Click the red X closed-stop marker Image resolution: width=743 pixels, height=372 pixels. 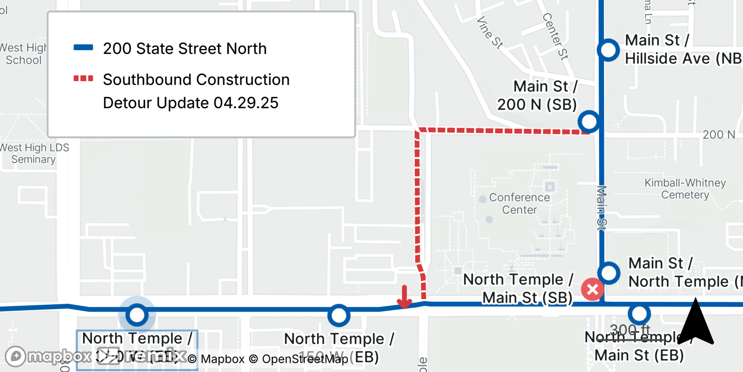tap(592, 289)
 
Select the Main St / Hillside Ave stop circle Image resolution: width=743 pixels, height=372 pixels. tap(608, 50)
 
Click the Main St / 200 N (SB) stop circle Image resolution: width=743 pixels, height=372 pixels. tap(589, 122)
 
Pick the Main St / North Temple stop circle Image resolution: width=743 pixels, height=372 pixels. tap(609, 273)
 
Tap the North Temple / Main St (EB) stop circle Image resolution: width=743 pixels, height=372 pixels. tap(639, 314)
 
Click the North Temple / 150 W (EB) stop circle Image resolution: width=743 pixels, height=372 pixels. tap(338, 316)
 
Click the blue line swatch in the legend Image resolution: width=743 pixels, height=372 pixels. tap(83, 47)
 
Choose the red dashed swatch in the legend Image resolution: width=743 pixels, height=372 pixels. tap(83, 78)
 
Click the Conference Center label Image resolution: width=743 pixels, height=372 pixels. tap(519, 203)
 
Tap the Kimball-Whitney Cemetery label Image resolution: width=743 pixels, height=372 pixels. tap(685, 189)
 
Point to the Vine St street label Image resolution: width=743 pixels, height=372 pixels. tap(490, 32)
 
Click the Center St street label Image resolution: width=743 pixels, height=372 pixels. tap(555, 36)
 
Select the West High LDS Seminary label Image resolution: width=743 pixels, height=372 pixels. tap(34, 153)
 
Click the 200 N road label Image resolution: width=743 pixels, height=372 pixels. tap(718, 135)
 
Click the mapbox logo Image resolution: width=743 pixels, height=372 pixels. tap(48, 356)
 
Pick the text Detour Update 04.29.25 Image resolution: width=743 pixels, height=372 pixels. tap(191, 103)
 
